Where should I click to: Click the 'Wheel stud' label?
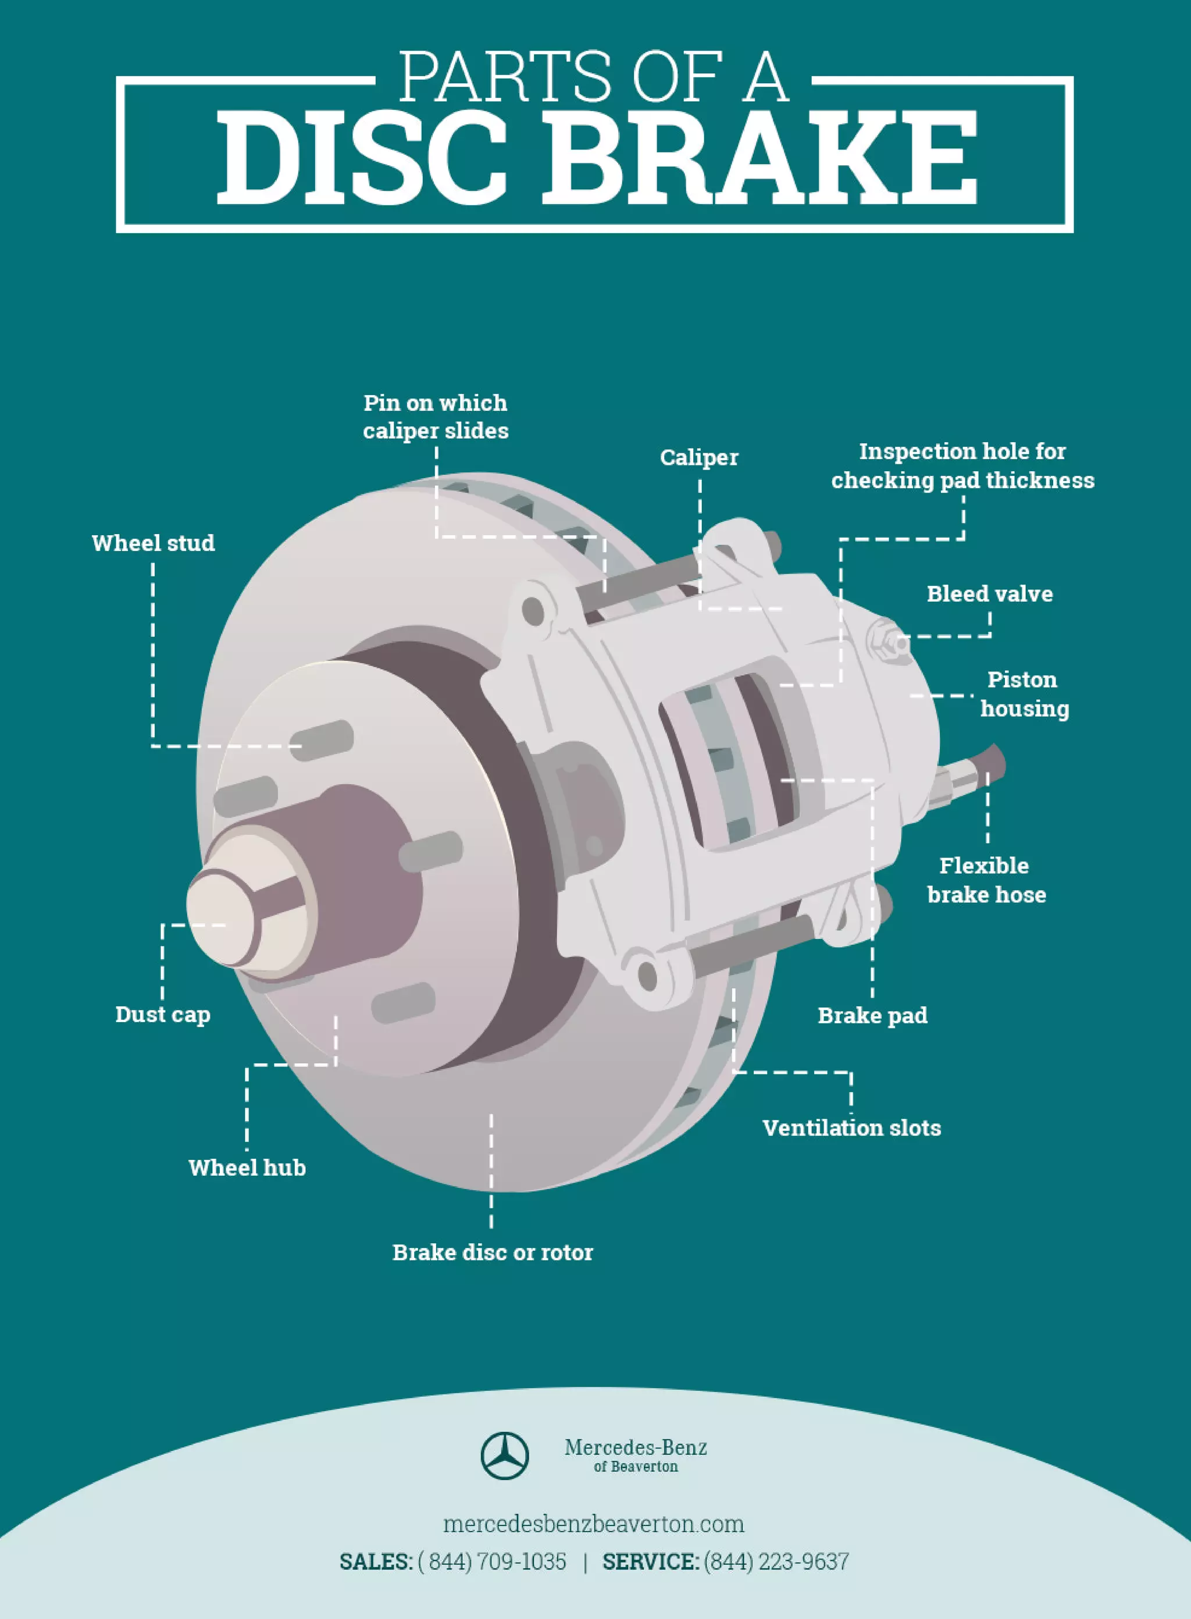coord(153,543)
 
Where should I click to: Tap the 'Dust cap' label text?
coord(163,1014)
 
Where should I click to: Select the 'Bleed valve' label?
coord(989,593)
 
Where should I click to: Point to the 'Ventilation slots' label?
coord(851,1128)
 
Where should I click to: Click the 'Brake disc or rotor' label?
coord(493,1252)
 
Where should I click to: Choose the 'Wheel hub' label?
coord(247,1168)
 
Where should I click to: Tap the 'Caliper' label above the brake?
coord(698,457)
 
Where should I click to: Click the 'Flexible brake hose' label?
coord(986,880)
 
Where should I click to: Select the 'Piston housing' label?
coord(1024,694)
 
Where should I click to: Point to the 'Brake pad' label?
coord(872,1015)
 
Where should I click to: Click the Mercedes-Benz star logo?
coord(505,1456)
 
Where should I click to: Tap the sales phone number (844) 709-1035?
coord(493,1562)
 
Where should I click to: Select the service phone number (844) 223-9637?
coord(776,1562)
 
